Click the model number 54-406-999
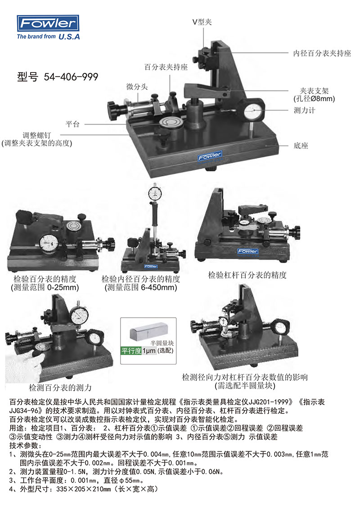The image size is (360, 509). (x=71, y=77)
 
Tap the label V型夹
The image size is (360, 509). (x=202, y=22)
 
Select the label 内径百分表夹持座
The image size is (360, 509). (x=322, y=53)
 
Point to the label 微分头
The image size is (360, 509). (x=137, y=87)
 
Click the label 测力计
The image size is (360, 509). (x=305, y=110)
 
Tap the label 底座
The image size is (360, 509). (x=301, y=146)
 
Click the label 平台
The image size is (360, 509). (x=72, y=124)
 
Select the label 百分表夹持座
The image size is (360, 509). (x=166, y=67)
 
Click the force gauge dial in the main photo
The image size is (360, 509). (x=253, y=112)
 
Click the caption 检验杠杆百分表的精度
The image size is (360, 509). (x=247, y=275)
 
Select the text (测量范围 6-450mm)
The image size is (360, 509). (x=141, y=287)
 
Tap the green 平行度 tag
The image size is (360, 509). (x=131, y=351)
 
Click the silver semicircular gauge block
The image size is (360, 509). (x=148, y=331)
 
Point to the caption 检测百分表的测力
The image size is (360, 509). (x=60, y=387)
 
